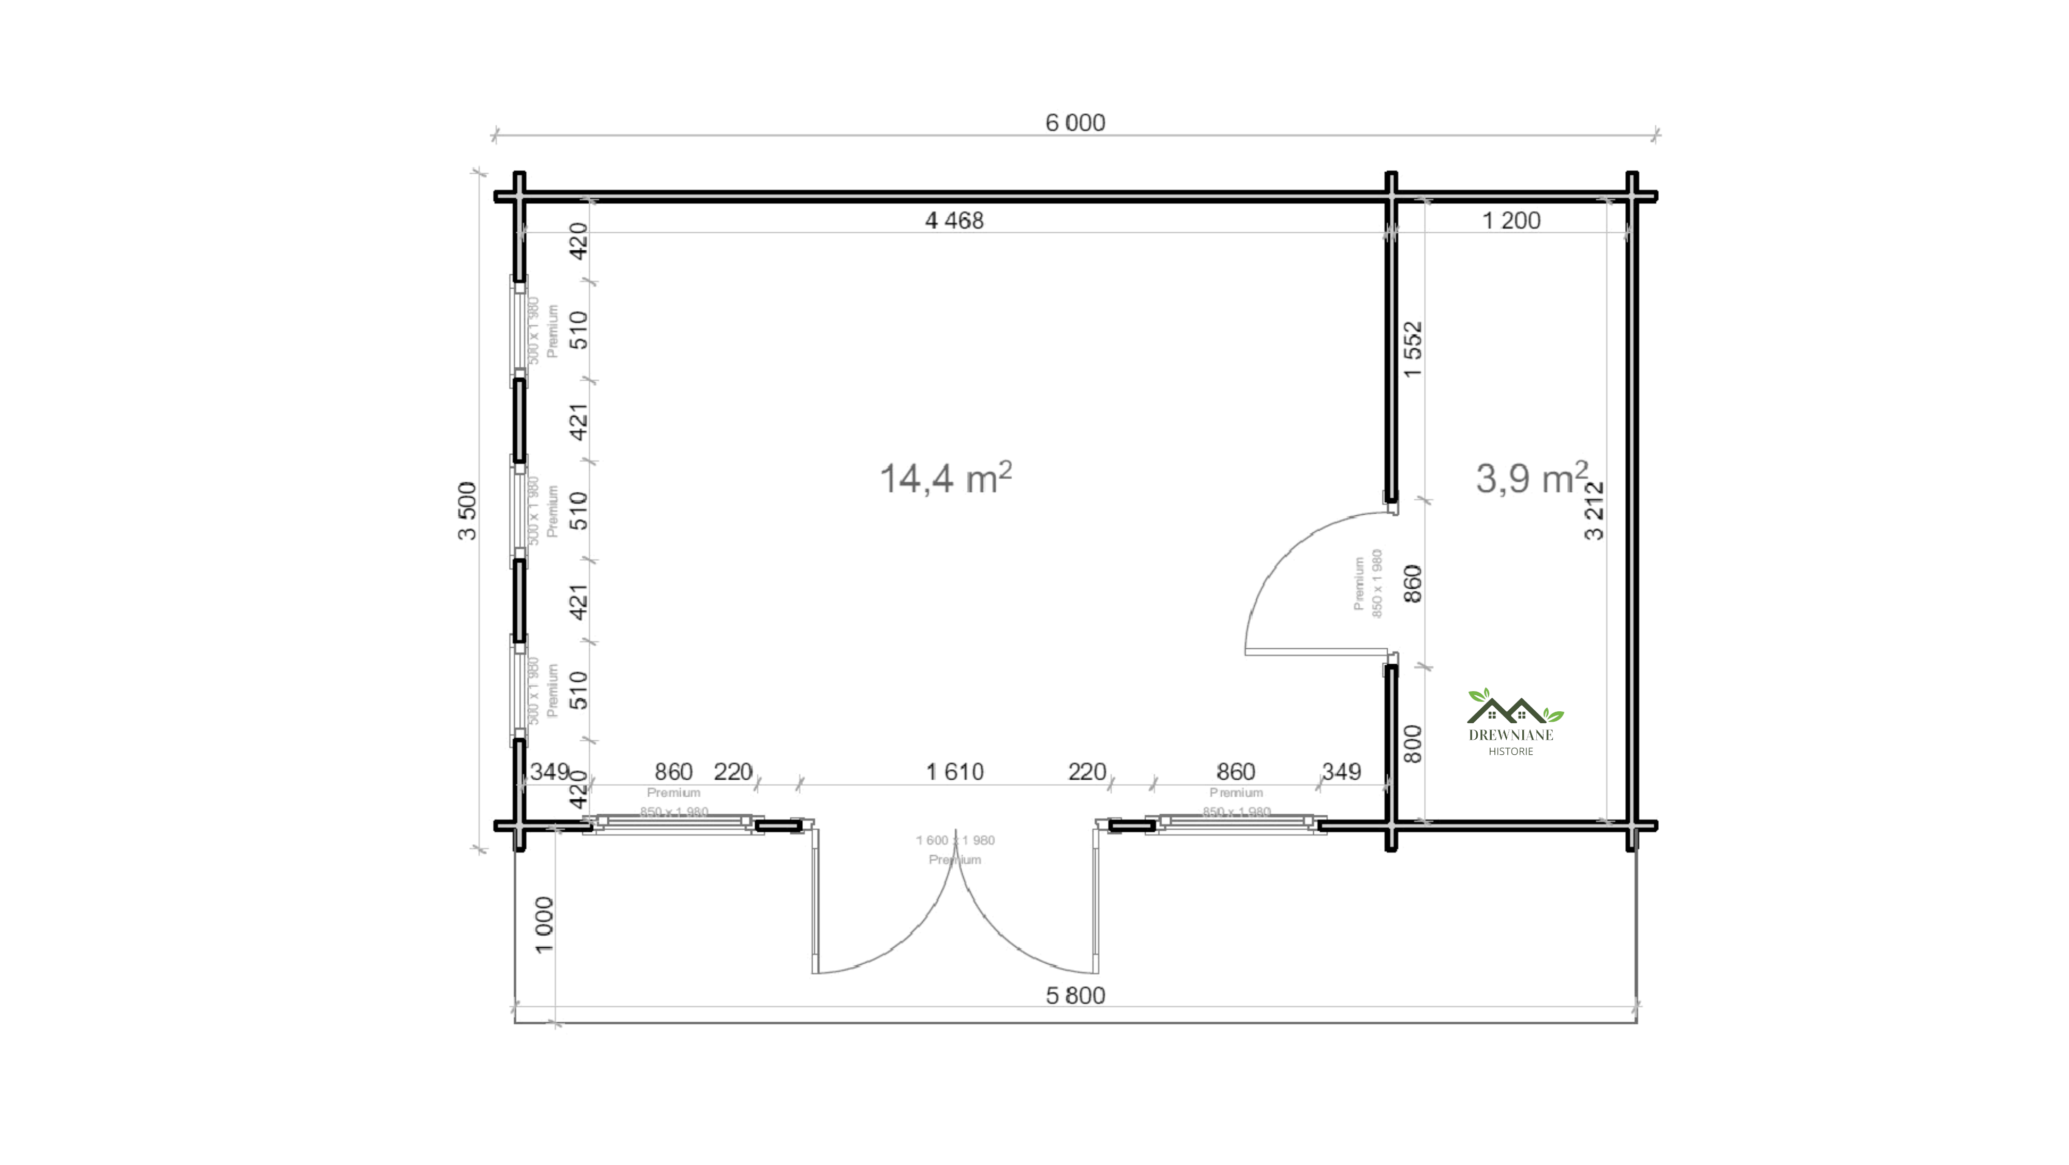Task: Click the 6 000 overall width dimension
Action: (1075, 123)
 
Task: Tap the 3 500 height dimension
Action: (468, 511)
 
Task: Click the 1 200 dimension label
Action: (1511, 220)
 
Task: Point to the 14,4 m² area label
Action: (946, 478)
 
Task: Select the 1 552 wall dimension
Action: (1413, 350)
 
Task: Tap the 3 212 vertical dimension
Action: (1594, 511)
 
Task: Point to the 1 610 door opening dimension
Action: (954, 772)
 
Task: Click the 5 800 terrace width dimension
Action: (1075, 995)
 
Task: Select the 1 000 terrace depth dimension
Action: (545, 925)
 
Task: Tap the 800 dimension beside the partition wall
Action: (1413, 744)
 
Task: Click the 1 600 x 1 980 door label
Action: (955, 841)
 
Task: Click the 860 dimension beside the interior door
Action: (1413, 584)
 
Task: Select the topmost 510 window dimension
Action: (578, 330)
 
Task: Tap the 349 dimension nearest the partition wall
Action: (1341, 772)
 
